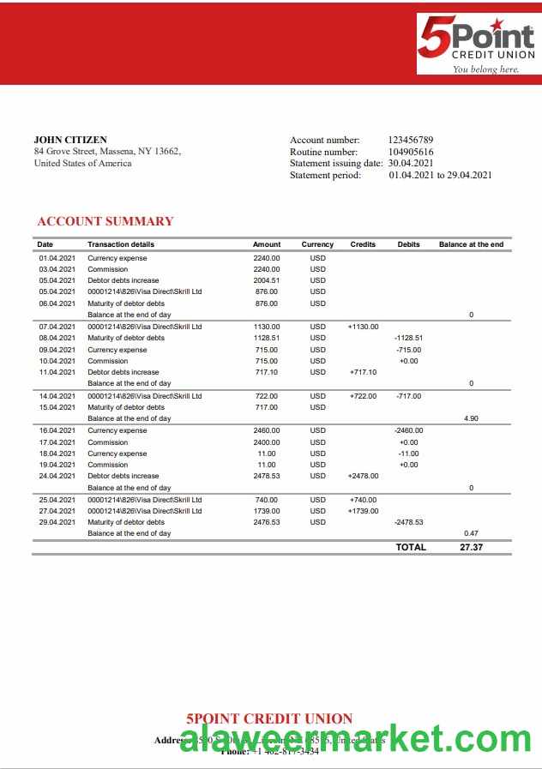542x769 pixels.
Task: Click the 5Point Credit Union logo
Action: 476,45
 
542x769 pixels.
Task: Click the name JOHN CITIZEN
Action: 70,140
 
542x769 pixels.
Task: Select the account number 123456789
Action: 411,140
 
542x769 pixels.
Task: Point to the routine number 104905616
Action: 411,152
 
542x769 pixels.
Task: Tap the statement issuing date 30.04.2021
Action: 411,163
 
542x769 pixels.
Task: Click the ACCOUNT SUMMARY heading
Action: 105,221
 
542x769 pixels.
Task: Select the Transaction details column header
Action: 121,244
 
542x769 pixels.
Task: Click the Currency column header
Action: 317,244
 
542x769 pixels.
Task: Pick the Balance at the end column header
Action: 471,244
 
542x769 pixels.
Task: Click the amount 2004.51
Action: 267,280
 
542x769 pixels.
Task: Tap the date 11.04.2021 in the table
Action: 57,372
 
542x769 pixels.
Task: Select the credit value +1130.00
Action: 363,327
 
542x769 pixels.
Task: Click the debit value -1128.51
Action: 408,338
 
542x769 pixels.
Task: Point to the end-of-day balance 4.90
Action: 471,418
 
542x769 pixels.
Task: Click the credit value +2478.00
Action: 363,476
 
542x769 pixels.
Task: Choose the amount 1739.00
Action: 267,511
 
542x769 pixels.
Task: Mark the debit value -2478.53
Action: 408,522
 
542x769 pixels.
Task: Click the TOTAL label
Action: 411,547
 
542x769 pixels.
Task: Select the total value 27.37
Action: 471,547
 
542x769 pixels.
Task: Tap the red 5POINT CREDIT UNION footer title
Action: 269,718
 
